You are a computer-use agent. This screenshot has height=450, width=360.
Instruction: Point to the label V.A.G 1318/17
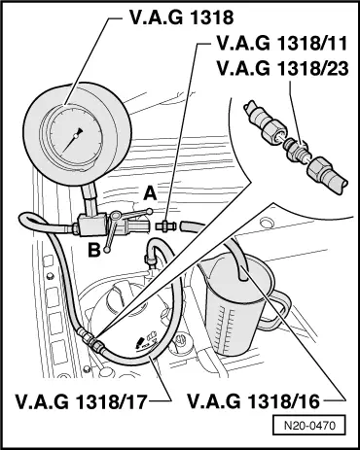click(80, 400)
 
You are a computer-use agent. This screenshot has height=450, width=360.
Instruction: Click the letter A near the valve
click(150, 193)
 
